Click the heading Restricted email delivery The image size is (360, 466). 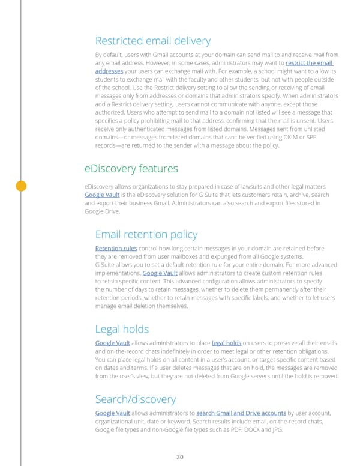[152, 41]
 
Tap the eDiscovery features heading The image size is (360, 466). [131, 168]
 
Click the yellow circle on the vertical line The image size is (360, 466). [21, 186]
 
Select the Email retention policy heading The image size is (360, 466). [146, 234]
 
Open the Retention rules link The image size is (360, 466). [116, 249]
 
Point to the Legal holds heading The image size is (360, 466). [122, 329]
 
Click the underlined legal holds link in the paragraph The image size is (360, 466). [227, 343]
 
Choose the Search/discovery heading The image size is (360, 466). [135, 399]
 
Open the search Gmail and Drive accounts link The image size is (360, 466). [241, 413]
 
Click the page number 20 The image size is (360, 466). [180, 457]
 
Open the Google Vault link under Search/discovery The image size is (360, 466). [112, 413]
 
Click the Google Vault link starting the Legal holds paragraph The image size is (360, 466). [112, 343]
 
